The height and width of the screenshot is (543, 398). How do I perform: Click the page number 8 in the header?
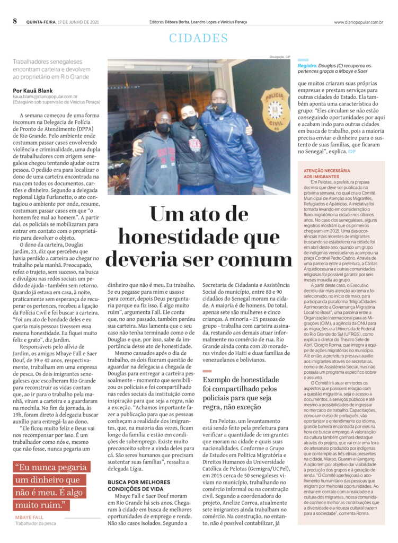(15, 21)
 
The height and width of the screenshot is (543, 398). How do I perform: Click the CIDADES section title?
(199, 38)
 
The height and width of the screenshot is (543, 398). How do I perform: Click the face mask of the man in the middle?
(190, 121)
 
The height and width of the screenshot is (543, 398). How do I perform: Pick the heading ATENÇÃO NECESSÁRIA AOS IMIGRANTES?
(327, 173)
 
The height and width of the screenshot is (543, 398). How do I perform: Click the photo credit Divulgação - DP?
(281, 57)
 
